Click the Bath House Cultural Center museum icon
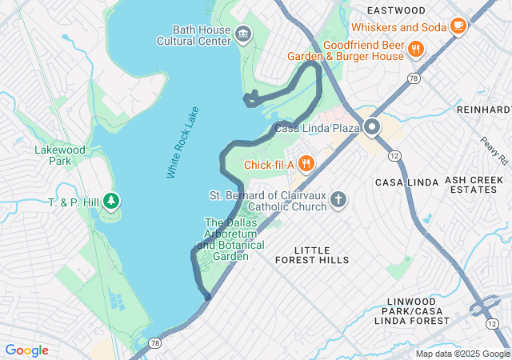tap(244, 34)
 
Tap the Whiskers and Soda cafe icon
tap(458, 26)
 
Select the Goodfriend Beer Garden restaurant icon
tap(415, 50)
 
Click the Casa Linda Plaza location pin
tap(372, 126)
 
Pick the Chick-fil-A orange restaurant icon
tap(306, 165)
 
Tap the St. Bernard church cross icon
tap(338, 198)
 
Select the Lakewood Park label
tap(59, 155)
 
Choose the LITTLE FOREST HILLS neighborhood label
tap(311, 255)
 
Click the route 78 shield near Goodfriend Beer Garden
tap(413, 78)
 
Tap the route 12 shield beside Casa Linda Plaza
tap(394, 154)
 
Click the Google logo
tap(27, 350)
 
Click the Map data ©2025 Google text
tap(462, 354)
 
